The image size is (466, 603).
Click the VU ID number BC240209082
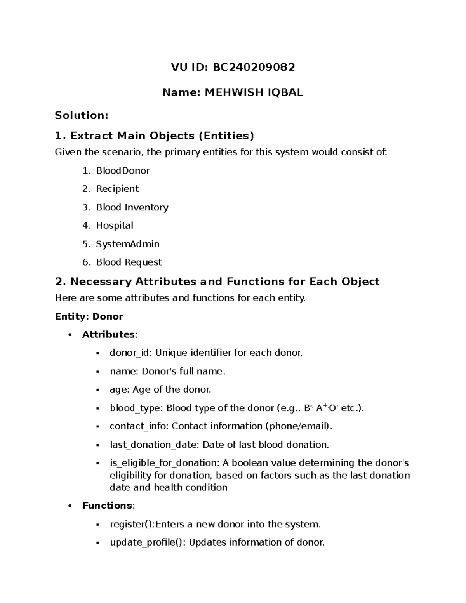pos(254,68)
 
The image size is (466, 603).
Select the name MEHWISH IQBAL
pos(254,92)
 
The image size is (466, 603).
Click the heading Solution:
pos(82,115)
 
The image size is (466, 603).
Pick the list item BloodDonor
pos(123,171)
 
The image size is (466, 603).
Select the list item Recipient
pos(117,189)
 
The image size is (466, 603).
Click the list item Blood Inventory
pos(132,207)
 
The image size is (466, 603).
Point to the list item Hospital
pos(115,226)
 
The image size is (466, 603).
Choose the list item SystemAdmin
pos(128,244)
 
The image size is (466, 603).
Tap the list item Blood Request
pos(129,262)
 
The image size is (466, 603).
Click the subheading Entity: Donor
pos(89,317)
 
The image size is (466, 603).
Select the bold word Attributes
pos(108,335)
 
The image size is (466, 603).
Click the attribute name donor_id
pos(131,353)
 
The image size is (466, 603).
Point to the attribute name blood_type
pos(136,408)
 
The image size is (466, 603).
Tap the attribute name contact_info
pos(139,426)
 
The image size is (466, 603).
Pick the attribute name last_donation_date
pos(153,445)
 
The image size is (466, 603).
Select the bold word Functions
pos(107,506)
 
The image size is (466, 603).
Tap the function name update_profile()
pos(148,543)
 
